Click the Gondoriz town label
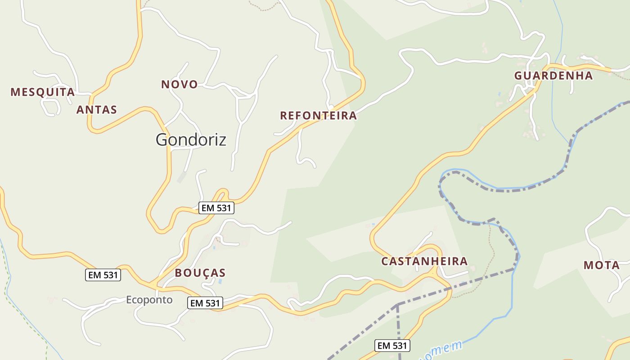(191, 139)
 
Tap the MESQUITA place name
(43, 92)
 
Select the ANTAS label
(97, 109)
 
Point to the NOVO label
(180, 84)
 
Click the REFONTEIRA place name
(319, 116)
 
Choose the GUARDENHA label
(553, 76)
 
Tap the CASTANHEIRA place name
(424, 261)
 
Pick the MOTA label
(602, 265)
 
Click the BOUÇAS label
(200, 273)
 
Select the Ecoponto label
(149, 300)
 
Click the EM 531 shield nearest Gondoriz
(216, 208)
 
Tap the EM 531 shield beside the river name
(392, 346)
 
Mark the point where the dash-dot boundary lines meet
(397, 305)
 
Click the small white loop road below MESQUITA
(51, 106)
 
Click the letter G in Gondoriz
(162, 139)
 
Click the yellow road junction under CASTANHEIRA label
(434, 273)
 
